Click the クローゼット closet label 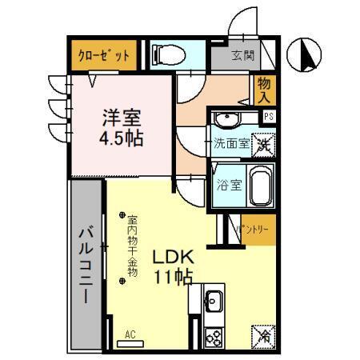(103, 56)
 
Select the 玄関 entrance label (243, 56)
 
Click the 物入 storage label (266, 90)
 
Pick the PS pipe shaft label (270, 116)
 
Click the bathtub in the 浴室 (261, 186)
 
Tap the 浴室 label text (229, 186)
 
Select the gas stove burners (214, 337)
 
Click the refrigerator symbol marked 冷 (263, 336)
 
